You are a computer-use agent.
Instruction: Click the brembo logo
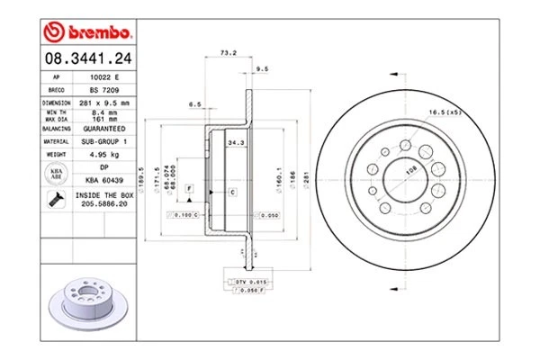[88, 33]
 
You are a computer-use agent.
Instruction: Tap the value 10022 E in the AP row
[105, 79]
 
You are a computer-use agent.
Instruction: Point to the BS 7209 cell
[105, 92]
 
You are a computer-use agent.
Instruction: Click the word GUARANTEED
[105, 129]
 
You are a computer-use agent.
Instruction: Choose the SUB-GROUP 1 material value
[105, 141]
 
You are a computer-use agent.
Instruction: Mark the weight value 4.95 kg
[105, 155]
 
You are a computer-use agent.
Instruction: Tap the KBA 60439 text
[105, 179]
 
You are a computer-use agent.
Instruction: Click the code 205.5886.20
[105, 204]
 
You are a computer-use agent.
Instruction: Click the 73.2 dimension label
[228, 53]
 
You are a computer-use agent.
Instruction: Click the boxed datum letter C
[231, 193]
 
